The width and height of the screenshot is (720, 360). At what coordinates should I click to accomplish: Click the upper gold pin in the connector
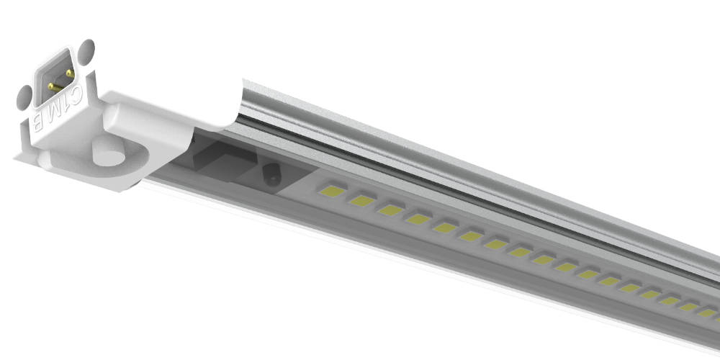click(69, 73)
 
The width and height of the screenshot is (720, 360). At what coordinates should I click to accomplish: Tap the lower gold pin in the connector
click(52, 86)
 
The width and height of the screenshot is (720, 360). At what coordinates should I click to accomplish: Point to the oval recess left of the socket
click(24, 95)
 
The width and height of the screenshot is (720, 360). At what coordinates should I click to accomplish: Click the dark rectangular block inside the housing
click(223, 162)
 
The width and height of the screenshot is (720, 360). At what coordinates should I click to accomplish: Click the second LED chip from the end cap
click(361, 201)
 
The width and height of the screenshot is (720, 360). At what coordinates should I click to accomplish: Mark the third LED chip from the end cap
click(390, 210)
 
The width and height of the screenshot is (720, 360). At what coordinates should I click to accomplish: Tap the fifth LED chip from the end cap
click(445, 228)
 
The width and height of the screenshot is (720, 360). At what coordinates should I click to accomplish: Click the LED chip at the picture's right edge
click(708, 313)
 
